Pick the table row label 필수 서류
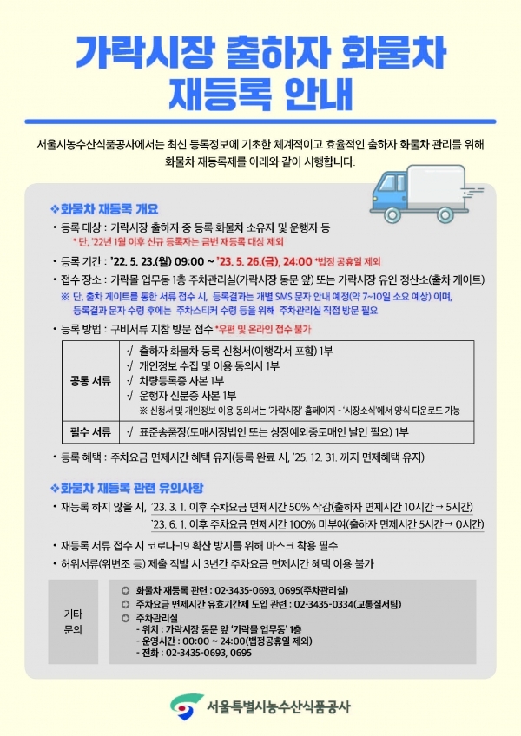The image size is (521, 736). pyautogui.click(x=89, y=431)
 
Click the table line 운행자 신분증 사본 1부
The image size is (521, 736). pyautogui.click(x=187, y=395)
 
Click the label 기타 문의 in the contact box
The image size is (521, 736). pyautogui.click(x=74, y=621)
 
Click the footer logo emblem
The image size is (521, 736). pyautogui.click(x=182, y=706)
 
